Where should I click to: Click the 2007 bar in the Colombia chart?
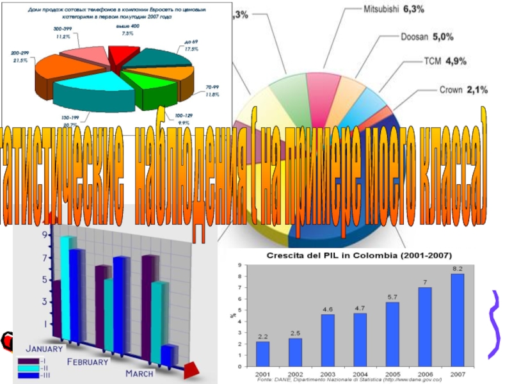[x=458, y=320]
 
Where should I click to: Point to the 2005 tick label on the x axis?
[x=392, y=373]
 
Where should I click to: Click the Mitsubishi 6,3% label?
[x=394, y=10]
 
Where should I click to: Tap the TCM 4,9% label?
[x=445, y=61]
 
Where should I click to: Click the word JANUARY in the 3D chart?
[x=44, y=349]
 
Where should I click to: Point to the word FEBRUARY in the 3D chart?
[x=88, y=362]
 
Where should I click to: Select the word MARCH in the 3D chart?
[x=139, y=373]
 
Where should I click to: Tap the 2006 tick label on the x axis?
[x=425, y=373]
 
